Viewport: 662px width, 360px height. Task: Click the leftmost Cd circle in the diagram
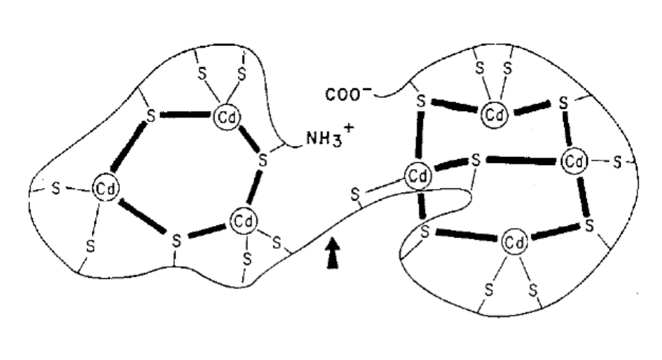click(103, 189)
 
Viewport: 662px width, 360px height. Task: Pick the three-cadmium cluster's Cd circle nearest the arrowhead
click(242, 220)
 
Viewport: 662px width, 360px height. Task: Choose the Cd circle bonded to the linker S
click(418, 177)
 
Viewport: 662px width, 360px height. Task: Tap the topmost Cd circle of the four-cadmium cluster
click(493, 114)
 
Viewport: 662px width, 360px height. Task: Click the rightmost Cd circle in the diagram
click(573, 160)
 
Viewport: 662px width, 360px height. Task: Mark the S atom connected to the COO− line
click(420, 102)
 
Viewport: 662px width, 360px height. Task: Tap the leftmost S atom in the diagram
click(57, 189)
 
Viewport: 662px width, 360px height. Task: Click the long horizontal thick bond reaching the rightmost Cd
click(520, 160)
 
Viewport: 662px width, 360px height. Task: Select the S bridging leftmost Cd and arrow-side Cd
click(176, 240)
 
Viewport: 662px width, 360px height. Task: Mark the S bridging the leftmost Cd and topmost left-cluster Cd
click(151, 116)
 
